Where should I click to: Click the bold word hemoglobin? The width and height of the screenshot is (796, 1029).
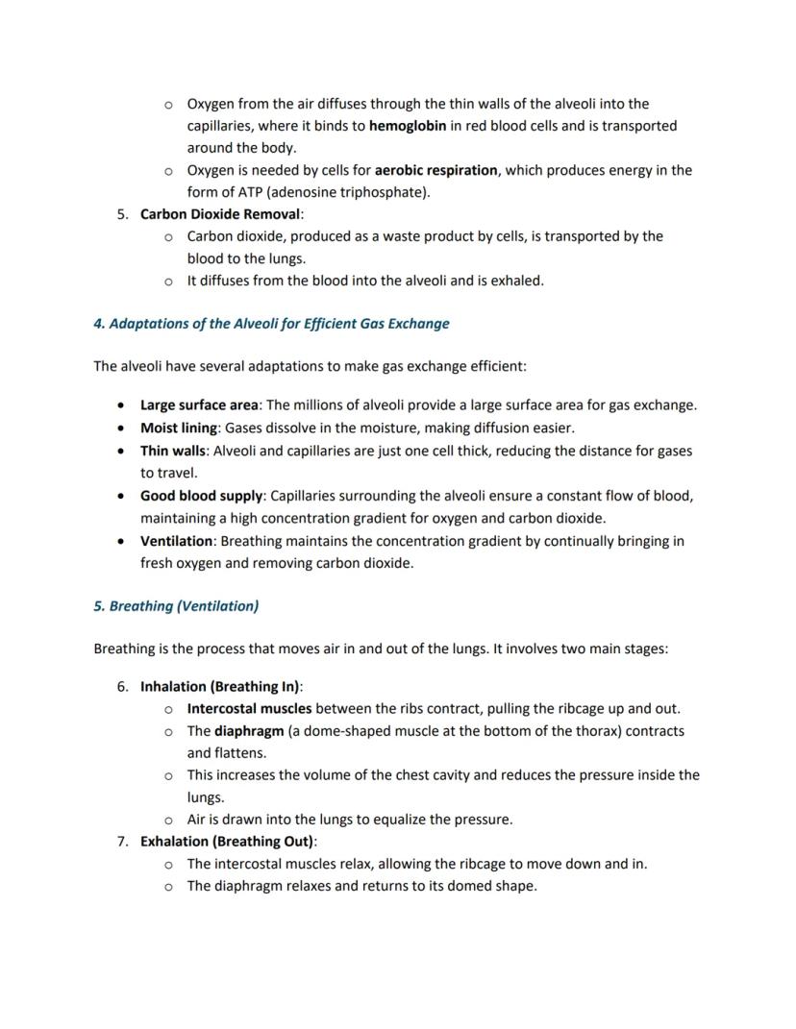(x=407, y=126)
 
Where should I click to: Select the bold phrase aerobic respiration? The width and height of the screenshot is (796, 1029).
(x=435, y=170)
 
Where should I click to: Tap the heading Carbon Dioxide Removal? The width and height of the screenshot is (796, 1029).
(x=220, y=214)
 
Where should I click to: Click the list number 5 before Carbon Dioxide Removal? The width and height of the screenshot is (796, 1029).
(x=122, y=214)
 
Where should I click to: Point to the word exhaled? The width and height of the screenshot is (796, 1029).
(x=517, y=281)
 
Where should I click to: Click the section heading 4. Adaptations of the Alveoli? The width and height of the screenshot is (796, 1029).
(x=271, y=324)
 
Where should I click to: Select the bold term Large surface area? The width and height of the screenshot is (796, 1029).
(x=199, y=405)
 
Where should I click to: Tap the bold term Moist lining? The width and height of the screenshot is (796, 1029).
(x=179, y=428)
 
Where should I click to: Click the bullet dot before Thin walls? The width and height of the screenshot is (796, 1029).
(x=119, y=451)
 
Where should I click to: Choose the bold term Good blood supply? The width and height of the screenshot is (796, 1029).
(x=201, y=496)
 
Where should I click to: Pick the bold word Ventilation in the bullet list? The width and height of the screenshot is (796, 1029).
(x=176, y=541)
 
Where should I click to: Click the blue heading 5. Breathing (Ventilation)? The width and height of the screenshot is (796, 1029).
(x=176, y=606)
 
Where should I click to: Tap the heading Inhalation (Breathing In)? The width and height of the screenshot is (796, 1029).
(x=220, y=687)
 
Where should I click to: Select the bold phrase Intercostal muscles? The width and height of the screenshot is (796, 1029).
(x=249, y=709)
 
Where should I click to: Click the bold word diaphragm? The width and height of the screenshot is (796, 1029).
(x=248, y=731)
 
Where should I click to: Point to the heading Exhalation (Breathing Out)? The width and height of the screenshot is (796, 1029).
(x=227, y=842)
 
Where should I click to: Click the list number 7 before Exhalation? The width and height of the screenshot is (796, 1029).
(x=122, y=842)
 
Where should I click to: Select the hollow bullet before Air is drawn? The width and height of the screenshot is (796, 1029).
(x=168, y=820)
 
